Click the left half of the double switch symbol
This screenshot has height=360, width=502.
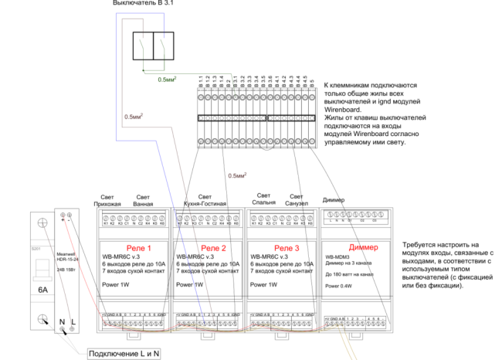[143, 46]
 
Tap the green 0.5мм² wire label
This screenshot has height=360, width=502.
[168, 80]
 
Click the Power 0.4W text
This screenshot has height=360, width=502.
[340, 286]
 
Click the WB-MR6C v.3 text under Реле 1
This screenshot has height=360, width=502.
[120, 256]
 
